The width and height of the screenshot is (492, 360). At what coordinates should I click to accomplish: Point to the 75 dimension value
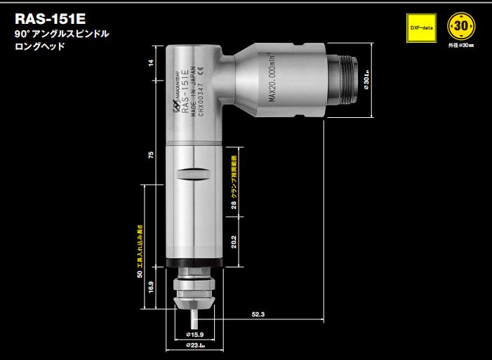150,156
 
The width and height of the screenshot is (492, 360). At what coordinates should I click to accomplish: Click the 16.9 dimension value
150,287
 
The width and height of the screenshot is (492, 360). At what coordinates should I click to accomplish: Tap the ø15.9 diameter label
194,334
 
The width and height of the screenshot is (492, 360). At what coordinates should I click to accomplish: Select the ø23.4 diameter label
194,346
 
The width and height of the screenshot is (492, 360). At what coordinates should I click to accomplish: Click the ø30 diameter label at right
367,85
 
